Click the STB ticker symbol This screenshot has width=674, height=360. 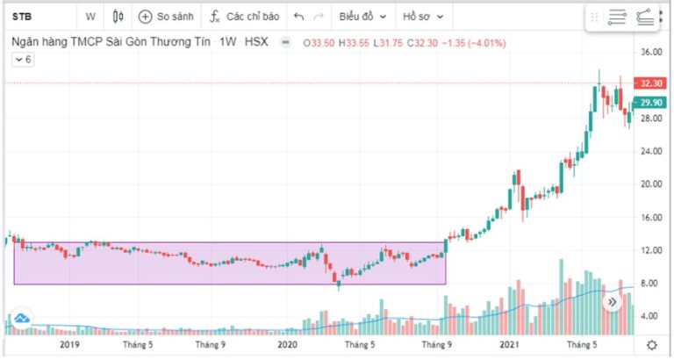(19, 16)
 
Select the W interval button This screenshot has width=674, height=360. (90, 16)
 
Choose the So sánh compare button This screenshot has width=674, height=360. (166, 16)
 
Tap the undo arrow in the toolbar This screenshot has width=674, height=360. (299, 16)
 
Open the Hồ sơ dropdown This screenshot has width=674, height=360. (423, 16)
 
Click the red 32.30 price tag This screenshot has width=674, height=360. (650, 83)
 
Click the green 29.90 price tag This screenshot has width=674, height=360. (650, 103)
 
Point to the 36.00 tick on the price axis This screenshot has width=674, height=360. (650, 52)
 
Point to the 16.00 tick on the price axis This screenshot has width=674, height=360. (650, 217)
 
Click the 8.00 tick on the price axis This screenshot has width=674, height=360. (650, 283)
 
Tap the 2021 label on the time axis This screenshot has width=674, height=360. (509, 344)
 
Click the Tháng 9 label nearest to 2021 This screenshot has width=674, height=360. (439, 344)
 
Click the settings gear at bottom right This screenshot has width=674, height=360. (651, 344)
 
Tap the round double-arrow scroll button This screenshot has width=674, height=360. (613, 303)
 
